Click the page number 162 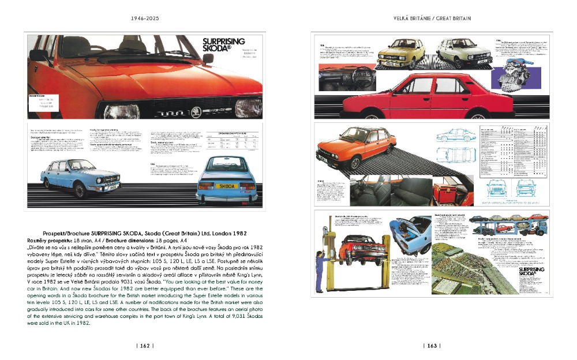click(143, 346)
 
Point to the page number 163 click(432, 346)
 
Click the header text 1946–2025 click(143, 18)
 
